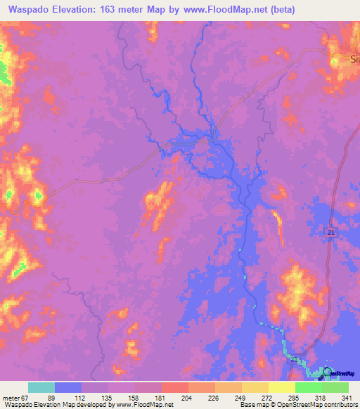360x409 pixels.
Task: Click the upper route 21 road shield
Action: click(331, 233)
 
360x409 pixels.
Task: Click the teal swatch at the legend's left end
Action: click(41, 387)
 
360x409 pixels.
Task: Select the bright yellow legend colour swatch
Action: click(281, 387)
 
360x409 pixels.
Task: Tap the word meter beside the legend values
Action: click(11, 397)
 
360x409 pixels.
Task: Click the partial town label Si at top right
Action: click(354, 60)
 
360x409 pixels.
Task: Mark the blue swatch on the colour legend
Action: click(68, 387)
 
